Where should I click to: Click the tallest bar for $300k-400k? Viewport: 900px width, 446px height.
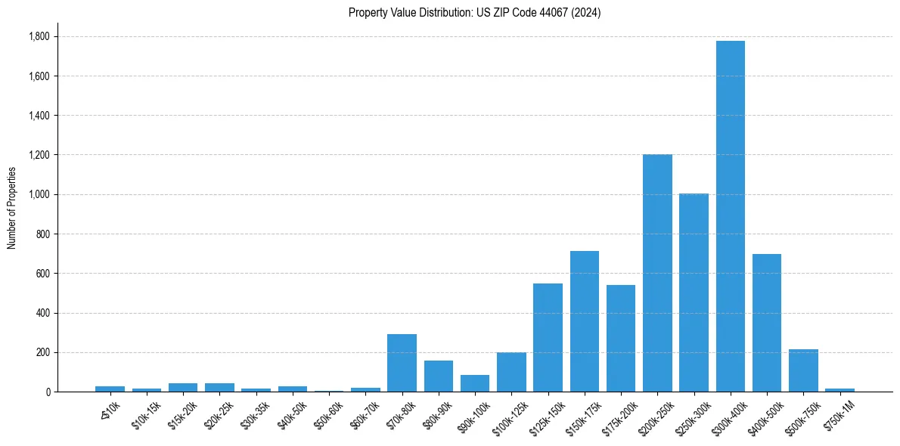click(x=730, y=216)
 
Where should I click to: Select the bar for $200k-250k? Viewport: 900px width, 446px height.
click(x=657, y=273)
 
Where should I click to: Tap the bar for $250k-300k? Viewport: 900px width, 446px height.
click(x=694, y=293)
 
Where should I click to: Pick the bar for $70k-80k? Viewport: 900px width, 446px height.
click(x=402, y=363)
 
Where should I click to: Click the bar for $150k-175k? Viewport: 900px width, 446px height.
click(x=584, y=321)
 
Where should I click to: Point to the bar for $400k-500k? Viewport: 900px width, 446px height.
click(x=766, y=323)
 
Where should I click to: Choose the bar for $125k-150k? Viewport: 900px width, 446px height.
click(x=548, y=337)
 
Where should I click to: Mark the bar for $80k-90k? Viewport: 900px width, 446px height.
click(x=438, y=376)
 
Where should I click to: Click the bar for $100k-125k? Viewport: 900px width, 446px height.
click(x=511, y=372)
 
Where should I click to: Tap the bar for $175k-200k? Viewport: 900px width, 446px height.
click(x=620, y=338)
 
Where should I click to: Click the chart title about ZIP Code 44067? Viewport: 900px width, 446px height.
click(x=474, y=12)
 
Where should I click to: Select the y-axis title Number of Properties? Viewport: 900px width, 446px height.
click(x=12, y=207)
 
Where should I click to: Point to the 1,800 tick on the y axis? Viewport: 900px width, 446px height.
click(x=39, y=36)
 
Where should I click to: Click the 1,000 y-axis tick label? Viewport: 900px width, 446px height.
click(x=39, y=194)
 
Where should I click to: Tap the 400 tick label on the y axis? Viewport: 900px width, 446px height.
click(x=43, y=313)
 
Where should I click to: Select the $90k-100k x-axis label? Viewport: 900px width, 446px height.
click(x=472, y=415)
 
